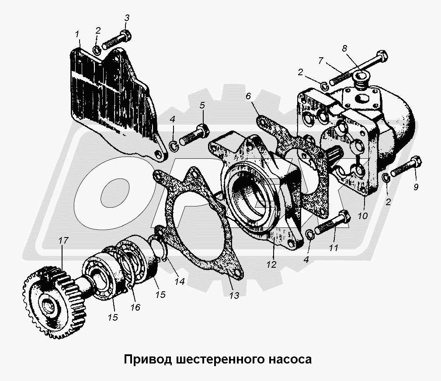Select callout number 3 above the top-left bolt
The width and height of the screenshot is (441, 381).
[127, 18]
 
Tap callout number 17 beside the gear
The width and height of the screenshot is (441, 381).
[63, 240]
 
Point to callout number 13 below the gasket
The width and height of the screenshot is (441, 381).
[234, 296]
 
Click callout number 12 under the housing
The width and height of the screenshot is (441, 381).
[271, 264]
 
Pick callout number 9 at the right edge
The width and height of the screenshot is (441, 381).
[415, 188]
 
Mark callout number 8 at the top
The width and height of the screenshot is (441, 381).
[344, 49]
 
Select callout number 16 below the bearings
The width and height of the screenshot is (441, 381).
[135, 307]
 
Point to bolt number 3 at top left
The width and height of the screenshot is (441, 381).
[116, 42]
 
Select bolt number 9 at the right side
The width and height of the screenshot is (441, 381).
[404, 168]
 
